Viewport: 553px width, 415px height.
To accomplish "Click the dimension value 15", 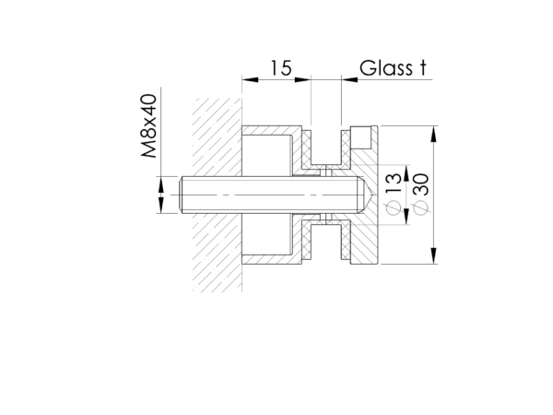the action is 281,67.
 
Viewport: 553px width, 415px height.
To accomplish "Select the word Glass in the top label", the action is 386,67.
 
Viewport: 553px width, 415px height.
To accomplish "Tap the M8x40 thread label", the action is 148,125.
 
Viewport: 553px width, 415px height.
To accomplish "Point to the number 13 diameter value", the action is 394,183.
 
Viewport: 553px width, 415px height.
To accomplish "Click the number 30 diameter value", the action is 421,184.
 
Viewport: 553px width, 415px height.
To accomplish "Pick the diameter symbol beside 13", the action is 394,207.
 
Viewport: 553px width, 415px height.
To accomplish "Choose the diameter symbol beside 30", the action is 421,207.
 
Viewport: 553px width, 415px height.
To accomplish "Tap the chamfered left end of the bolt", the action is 182,195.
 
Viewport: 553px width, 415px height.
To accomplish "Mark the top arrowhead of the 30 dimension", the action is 433,133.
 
